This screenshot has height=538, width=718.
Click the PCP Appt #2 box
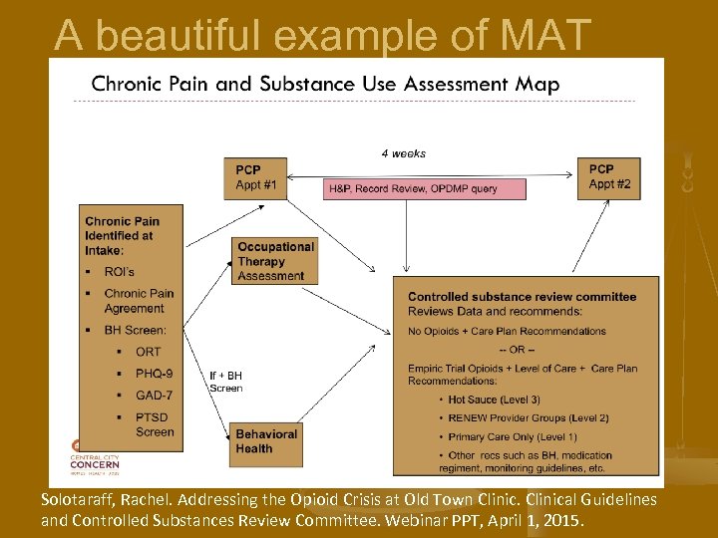tap(608, 177)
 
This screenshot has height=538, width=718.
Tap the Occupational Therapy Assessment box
tap(275, 261)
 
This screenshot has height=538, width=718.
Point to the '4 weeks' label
tap(403, 153)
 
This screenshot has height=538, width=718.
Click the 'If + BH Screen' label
tap(225, 382)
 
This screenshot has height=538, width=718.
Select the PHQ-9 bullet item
tap(154, 374)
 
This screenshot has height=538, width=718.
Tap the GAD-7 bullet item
tap(155, 395)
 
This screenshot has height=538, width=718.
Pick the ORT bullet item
tap(148, 352)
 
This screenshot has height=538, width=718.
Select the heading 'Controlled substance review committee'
tap(522, 297)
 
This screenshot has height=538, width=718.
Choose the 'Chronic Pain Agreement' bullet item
tap(139, 301)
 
